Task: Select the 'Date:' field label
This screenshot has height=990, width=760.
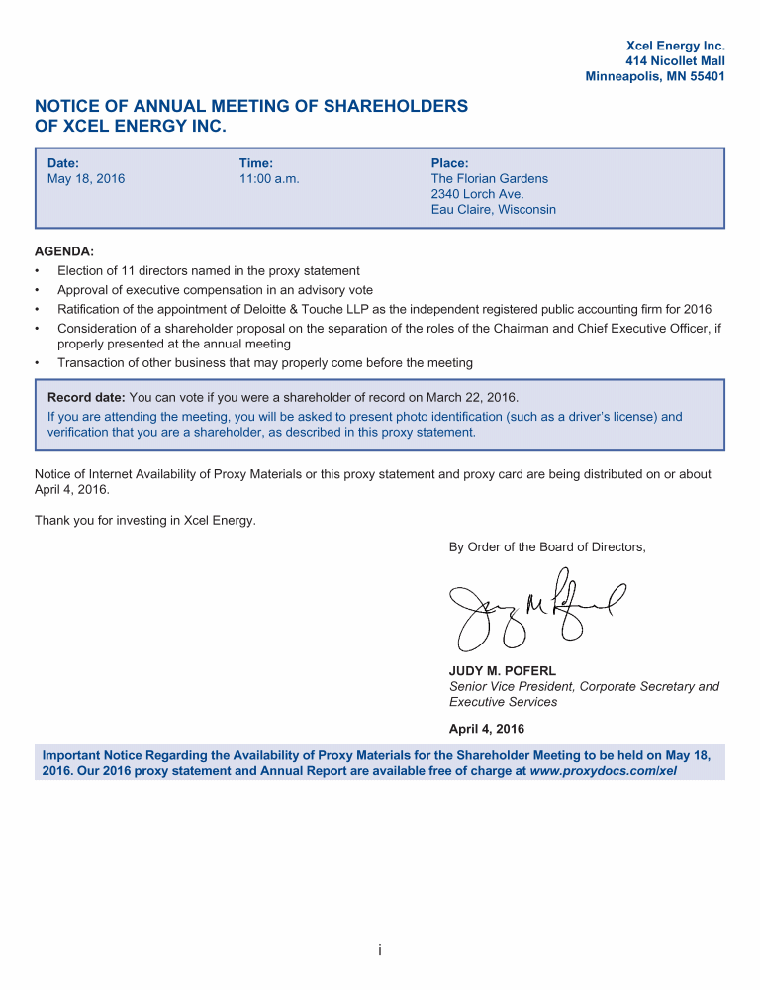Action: coord(63,163)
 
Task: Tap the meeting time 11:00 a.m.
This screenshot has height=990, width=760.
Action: coord(269,179)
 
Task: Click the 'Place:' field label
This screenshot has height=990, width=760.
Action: coord(449,163)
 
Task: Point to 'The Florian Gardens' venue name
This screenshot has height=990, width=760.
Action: coord(489,179)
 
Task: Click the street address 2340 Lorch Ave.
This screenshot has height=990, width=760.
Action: coord(477,194)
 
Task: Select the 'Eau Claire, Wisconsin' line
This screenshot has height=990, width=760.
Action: coord(493,210)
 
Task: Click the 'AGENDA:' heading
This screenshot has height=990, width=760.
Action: coord(64,252)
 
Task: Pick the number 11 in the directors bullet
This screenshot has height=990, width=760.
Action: coord(111,270)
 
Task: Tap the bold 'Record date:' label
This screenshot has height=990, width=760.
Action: coord(87,398)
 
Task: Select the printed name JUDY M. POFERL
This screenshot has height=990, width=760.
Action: coord(503,671)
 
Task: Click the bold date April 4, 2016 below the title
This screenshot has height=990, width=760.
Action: coord(486,729)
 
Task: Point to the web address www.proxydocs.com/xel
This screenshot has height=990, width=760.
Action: coord(604,769)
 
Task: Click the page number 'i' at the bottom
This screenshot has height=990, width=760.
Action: coord(380,951)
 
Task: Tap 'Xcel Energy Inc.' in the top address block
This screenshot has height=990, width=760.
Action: coord(676,46)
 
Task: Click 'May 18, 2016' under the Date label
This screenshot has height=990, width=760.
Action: coord(86,179)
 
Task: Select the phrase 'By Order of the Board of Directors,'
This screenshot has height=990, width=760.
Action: coord(547,546)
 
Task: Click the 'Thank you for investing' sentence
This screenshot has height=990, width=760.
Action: coord(145,520)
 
